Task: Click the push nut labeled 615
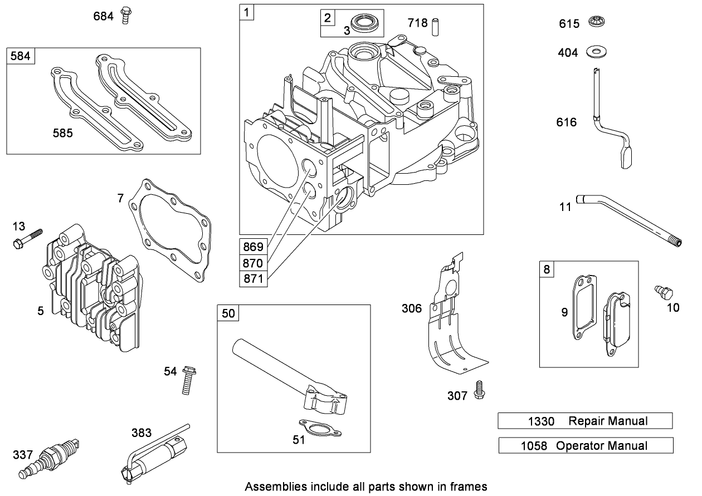pos(597,23)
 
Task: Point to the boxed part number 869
pos(253,245)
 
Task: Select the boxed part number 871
pos(253,279)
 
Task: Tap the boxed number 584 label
pos(19,57)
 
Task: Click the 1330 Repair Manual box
pos(585,421)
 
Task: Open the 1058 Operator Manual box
pos(586,445)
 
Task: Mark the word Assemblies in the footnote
pos(270,486)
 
